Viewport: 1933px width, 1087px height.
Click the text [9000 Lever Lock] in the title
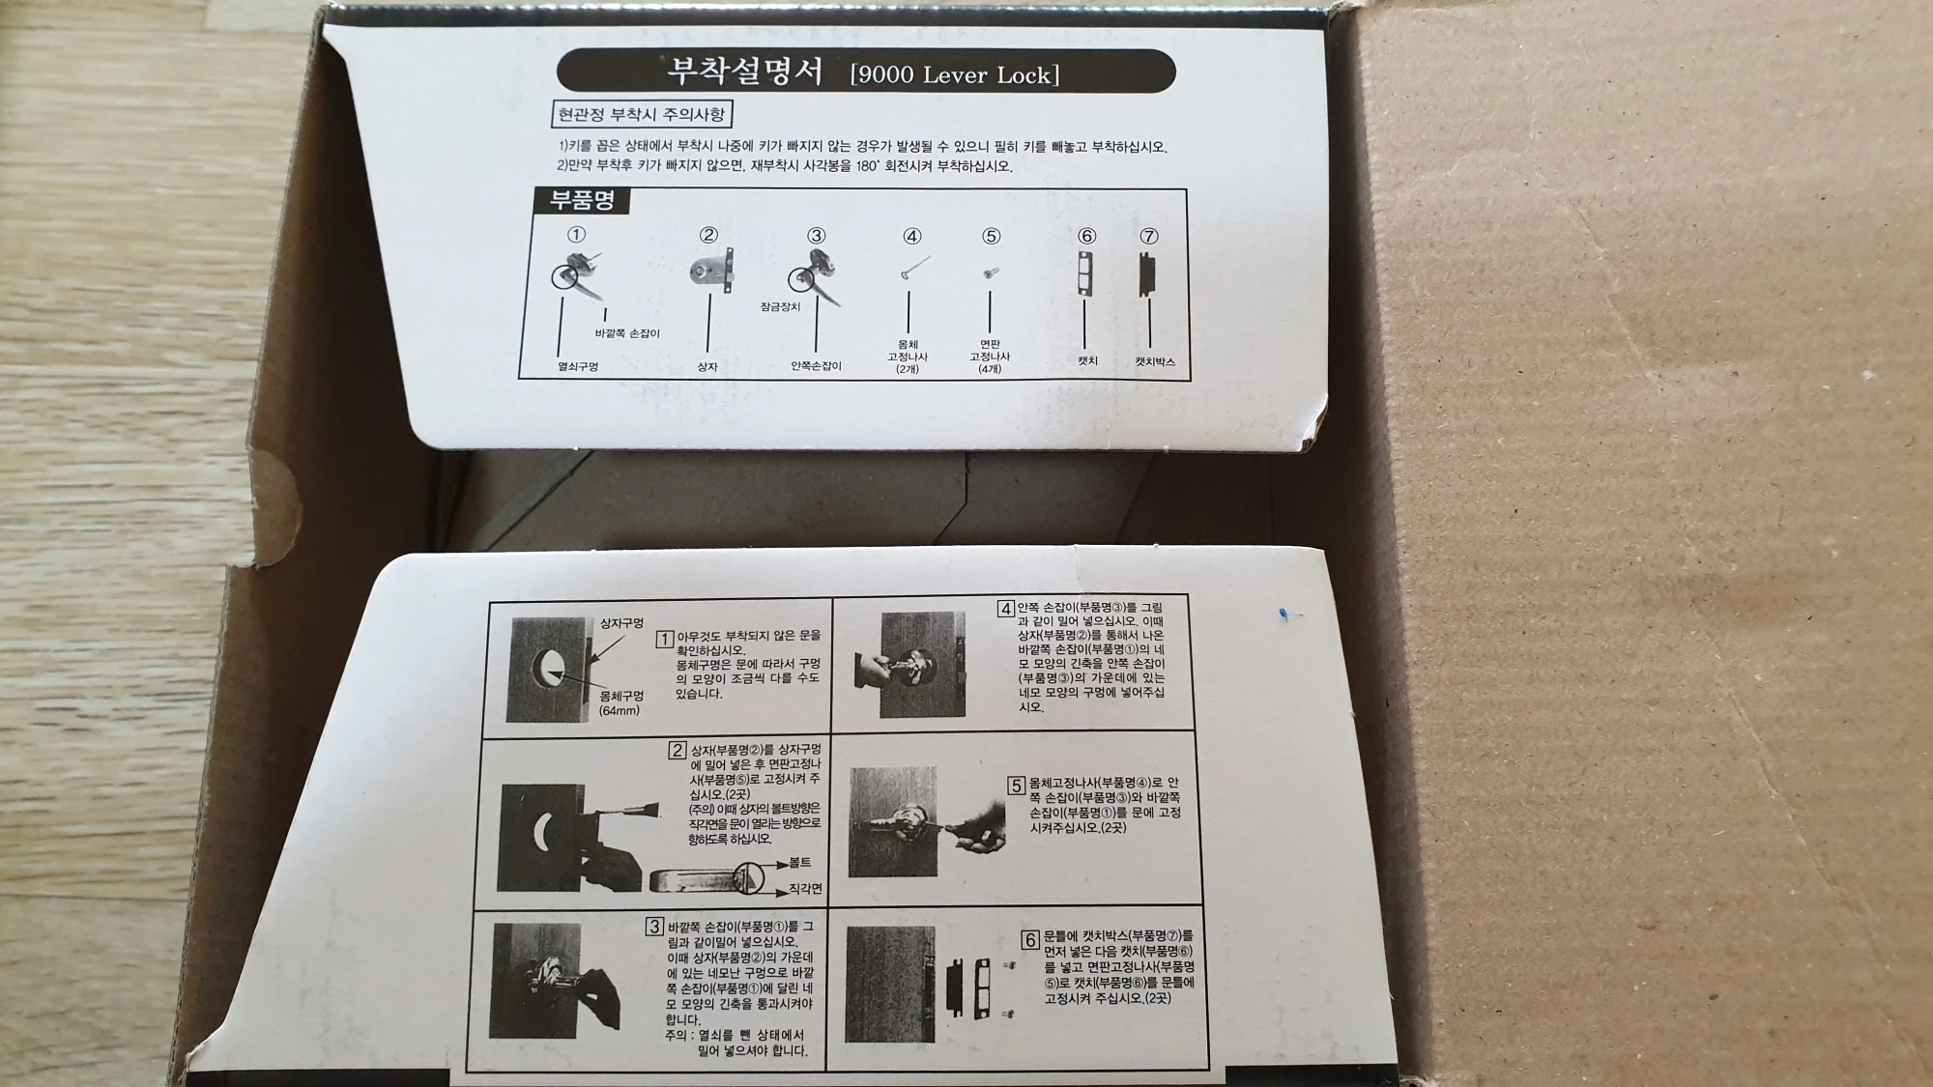click(955, 75)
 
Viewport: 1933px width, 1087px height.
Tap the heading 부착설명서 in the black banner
click(745, 72)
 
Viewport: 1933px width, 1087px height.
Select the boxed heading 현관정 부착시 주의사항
click(641, 115)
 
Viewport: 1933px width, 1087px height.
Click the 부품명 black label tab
click(582, 200)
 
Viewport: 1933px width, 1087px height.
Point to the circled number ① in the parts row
click(576, 234)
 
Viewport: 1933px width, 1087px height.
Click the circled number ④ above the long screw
click(911, 236)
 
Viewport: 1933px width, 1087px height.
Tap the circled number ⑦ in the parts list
click(1148, 236)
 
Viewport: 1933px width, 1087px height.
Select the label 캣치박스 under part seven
click(1155, 361)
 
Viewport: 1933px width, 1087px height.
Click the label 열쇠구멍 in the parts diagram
click(578, 367)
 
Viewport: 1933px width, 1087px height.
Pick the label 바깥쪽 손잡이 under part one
click(627, 333)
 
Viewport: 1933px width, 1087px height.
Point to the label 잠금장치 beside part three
click(780, 306)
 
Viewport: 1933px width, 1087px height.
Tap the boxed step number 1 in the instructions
click(664, 639)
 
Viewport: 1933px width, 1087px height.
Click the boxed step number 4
click(1006, 609)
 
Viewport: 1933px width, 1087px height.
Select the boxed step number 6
click(1029, 939)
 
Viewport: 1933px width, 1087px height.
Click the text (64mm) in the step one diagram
click(619, 711)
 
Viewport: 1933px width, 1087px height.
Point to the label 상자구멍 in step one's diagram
click(621, 623)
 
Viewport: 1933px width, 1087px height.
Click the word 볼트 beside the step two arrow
click(799, 862)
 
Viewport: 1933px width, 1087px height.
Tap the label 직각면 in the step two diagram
click(805, 888)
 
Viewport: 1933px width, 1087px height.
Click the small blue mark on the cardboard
click(1285, 615)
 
